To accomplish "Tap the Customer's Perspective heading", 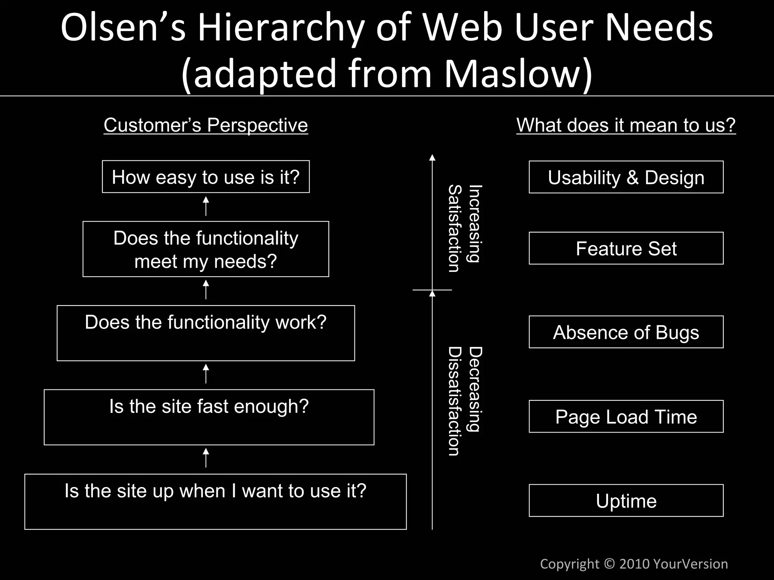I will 206,125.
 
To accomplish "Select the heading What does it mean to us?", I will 626,125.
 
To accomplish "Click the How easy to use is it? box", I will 206,177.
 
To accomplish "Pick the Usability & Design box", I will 626,177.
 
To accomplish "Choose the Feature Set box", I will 626,248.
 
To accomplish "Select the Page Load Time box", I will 626,417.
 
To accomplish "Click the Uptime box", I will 626,501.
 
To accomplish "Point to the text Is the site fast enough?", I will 209,406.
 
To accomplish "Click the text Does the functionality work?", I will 206,323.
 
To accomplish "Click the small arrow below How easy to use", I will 206,206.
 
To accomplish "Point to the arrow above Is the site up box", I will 206,458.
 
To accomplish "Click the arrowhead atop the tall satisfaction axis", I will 432,158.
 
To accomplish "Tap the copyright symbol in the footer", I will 609,564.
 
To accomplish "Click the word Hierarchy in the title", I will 281,28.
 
